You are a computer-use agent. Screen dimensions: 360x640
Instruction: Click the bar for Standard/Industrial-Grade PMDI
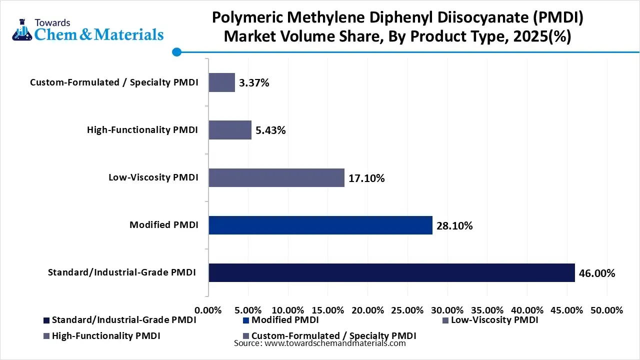[391, 272]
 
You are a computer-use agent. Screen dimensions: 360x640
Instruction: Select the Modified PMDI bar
[320, 225]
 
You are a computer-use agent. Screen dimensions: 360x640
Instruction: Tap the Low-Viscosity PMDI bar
[276, 177]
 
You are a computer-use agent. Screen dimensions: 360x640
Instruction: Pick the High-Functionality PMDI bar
[230, 130]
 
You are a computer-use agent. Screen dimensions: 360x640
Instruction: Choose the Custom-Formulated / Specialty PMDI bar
[221, 82]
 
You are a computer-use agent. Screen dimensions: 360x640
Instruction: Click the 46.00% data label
[597, 273]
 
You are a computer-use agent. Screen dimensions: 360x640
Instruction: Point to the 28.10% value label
[454, 226]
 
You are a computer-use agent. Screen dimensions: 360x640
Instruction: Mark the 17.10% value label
[366, 178]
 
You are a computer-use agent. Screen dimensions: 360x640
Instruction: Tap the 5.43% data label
[270, 131]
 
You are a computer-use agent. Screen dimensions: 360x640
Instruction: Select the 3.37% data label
[254, 83]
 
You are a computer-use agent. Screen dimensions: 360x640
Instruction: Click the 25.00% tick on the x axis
[407, 310]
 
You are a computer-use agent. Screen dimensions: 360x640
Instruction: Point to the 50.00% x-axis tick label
[606, 310]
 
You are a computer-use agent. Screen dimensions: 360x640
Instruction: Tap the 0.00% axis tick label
[208, 310]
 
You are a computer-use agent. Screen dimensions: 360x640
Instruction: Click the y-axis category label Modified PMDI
[163, 225]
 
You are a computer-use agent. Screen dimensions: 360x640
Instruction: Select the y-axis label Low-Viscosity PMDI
[153, 177]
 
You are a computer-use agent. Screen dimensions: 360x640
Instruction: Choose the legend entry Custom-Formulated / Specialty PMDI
[333, 335]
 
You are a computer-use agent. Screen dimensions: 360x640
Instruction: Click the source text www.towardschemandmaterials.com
[334, 343]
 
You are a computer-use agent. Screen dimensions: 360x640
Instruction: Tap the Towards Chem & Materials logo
[88, 30]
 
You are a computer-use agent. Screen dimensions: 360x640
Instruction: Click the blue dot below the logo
[176, 52]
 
